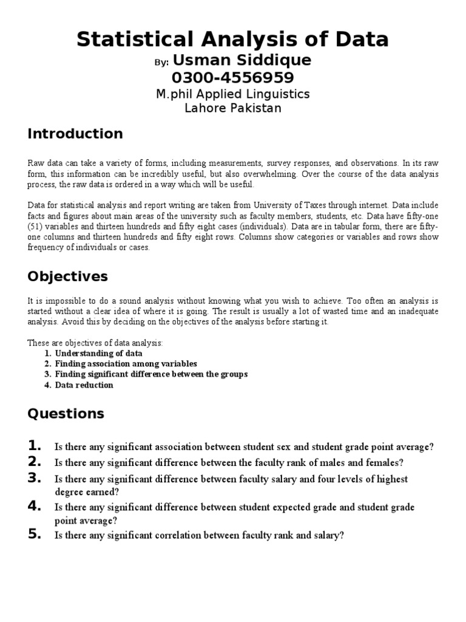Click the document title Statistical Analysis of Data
point(233,39)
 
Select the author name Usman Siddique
point(242,61)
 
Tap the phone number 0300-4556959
point(233,78)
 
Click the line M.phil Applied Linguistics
point(233,94)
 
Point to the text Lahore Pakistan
point(233,108)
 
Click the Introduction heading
point(75,134)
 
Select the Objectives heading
point(67,277)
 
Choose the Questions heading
point(66,414)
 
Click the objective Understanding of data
point(98,353)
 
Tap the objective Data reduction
point(84,385)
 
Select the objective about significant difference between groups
point(151,374)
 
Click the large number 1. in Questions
point(35,445)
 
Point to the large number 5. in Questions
point(35,535)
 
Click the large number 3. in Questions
point(35,478)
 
